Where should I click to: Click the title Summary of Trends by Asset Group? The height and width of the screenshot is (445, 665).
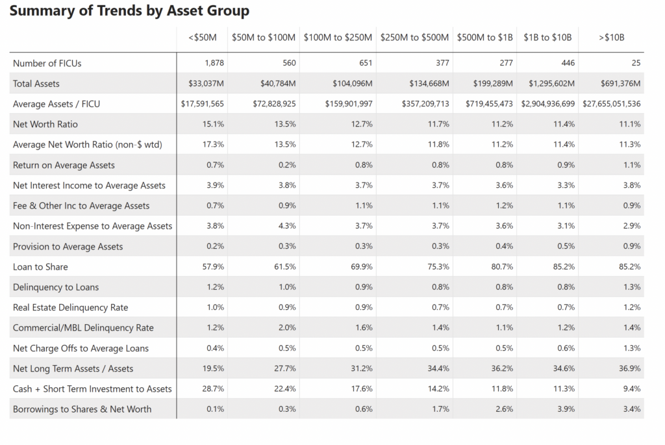pos(129,11)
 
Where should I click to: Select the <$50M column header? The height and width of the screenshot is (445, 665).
pos(203,38)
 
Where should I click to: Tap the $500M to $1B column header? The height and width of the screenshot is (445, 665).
pos(484,38)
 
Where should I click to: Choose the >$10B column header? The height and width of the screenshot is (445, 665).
pos(612,38)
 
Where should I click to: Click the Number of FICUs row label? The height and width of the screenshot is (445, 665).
pos(47,63)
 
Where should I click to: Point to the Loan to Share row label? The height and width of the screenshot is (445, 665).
pos(40,267)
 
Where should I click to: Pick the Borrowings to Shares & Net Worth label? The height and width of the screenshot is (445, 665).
pos(82,409)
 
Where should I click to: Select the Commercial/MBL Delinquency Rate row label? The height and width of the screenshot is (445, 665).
pos(83,328)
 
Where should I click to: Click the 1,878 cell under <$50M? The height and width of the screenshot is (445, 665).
pos(214,63)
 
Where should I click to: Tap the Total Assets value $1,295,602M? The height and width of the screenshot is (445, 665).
pos(551,84)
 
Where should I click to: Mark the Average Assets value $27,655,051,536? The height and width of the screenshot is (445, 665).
pos(612,104)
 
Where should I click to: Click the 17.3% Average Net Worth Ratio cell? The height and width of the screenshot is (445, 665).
pos(213,144)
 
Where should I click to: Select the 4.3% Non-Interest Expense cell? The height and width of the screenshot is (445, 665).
pos(287,225)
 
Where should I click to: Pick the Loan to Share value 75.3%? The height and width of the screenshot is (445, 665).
pos(438,266)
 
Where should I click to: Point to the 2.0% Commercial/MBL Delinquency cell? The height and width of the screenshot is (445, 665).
pos(287,327)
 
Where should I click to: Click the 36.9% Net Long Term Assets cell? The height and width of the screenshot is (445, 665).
pos(630,368)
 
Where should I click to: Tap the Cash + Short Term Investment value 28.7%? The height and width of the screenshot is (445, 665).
pos(213,388)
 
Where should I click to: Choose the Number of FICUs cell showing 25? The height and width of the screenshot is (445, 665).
pos(636,63)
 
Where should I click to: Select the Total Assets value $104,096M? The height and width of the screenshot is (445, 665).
pos(353,84)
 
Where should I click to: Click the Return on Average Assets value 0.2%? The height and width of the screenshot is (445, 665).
pos(287,164)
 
